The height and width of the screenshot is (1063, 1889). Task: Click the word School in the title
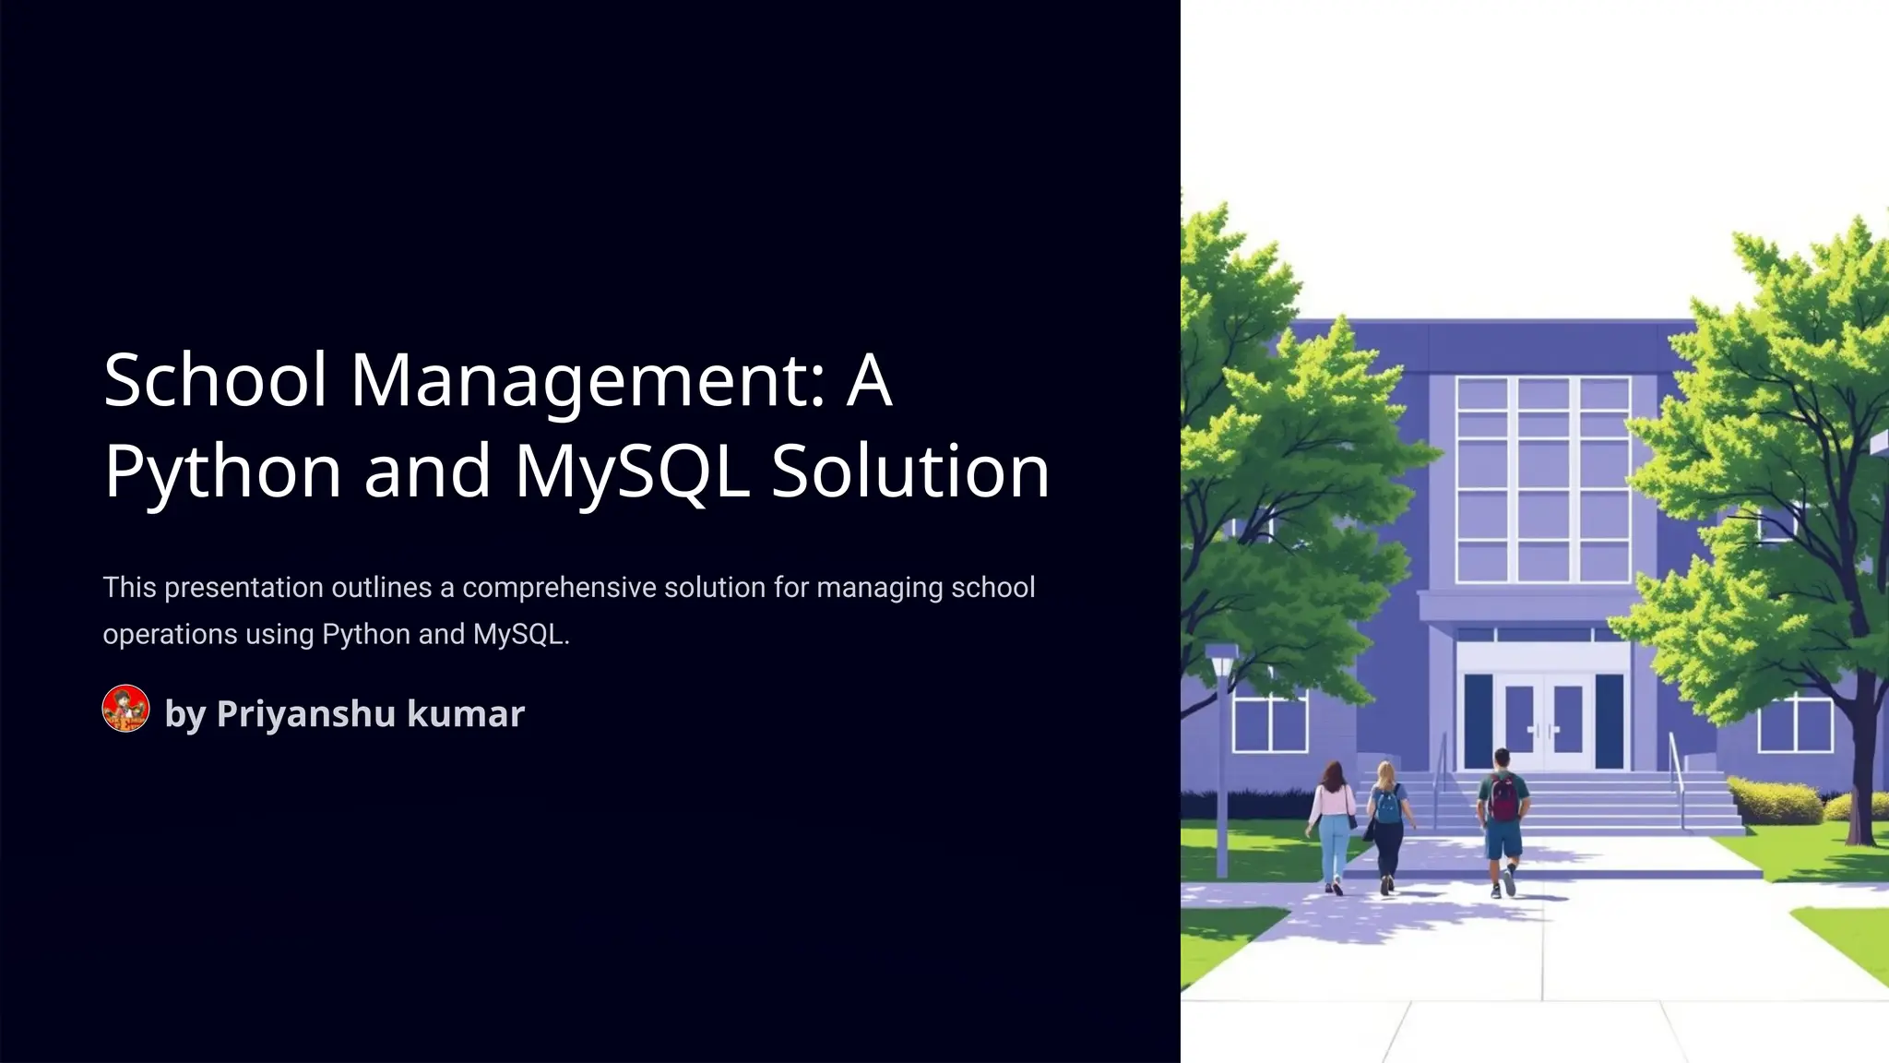(x=215, y=379)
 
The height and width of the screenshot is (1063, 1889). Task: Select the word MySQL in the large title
(x=632, y=471)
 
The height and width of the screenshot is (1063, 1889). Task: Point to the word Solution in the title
(x=910, y=471)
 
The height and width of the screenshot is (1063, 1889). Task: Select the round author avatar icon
(x=125, y=709)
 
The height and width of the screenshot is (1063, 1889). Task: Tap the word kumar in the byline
(x=466, y=713)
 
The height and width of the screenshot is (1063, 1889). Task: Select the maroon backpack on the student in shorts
(x=1503, y=797)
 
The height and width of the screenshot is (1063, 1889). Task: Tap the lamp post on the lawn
(x=1221, y=757)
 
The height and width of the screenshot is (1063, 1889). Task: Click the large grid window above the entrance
(x=1542, y=480)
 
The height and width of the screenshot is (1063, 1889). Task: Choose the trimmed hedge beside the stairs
(x=1774, y=801)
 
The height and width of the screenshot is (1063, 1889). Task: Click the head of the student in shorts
(x=1502, y=758)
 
